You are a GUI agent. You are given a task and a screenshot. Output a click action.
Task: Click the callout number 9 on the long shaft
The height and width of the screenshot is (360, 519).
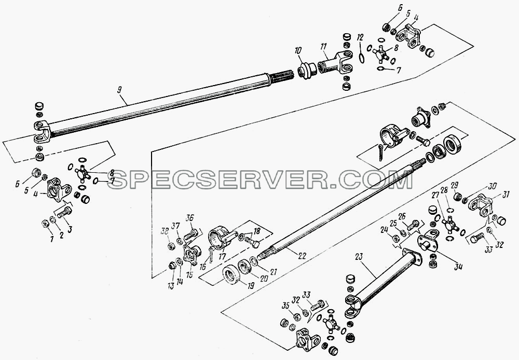119,89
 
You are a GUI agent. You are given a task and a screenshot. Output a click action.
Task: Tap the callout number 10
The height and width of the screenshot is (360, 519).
298,51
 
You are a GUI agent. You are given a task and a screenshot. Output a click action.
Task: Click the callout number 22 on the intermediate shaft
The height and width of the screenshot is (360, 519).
302,255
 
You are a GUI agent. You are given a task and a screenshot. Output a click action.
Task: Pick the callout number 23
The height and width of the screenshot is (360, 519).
359,257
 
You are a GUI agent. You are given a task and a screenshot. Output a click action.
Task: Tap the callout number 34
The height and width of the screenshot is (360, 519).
458,267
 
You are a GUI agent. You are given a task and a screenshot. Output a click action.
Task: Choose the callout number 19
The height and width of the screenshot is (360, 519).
251,285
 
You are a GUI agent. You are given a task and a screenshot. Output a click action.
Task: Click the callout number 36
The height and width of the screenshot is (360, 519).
189,218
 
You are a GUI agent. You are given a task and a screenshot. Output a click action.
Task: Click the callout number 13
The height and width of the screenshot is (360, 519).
171,286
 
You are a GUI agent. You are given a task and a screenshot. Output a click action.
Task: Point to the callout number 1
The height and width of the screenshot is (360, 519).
51,239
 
